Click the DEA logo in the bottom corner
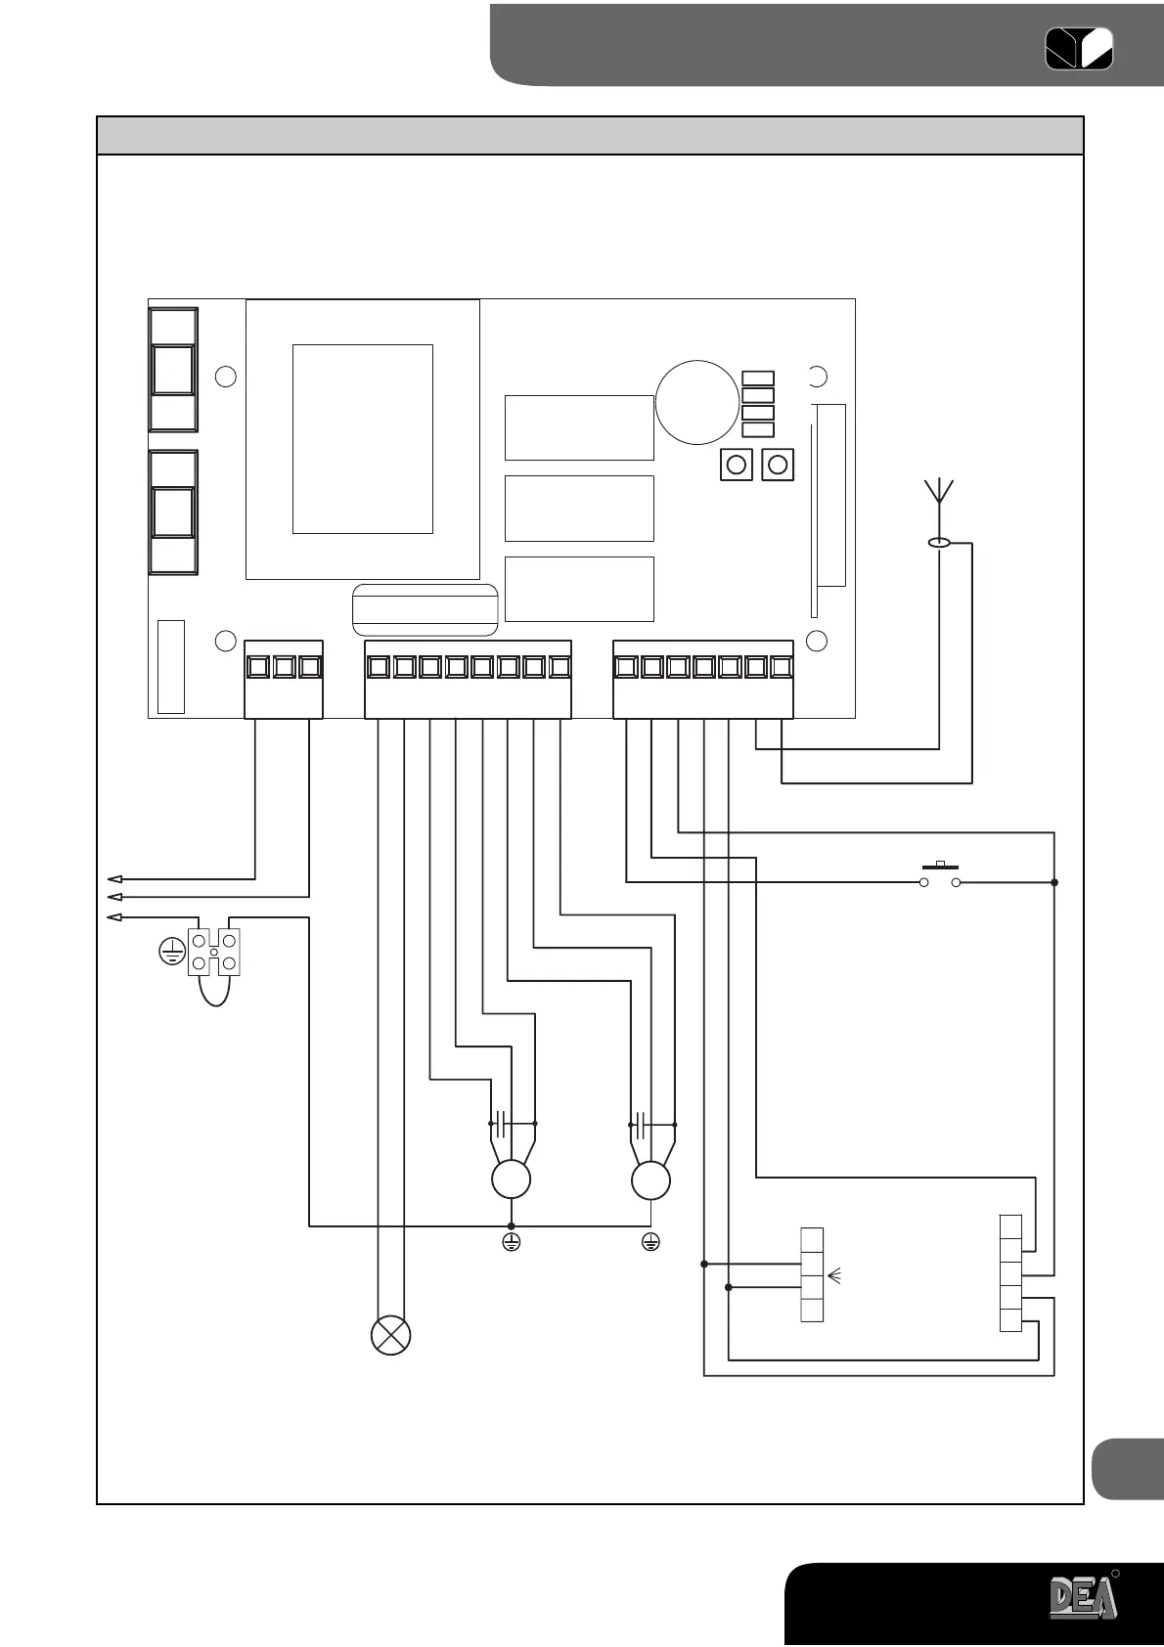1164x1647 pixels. click(x=1083, y=1597)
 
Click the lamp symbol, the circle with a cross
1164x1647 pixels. click(x=390, y=1336)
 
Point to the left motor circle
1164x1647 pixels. click(x=511, y=1180)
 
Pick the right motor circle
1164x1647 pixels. click(x=651, y=1180)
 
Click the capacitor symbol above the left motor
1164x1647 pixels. click(x=499, y=1124)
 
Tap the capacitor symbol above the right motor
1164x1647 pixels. click(x=640, y=1124)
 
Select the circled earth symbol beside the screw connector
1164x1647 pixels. click(x=172, y=950)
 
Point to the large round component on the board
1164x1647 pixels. click(x=697, y=401)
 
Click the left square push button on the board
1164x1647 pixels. click(x=737, y=465)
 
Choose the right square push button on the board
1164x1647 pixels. click(x=778, y=465)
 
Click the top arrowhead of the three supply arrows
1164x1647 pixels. click(x=114, y=878)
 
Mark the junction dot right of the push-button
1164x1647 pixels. click(x=1054, y=883)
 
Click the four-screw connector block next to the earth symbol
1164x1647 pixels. click(x=214, y=952)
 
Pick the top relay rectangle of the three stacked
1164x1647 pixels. click(x=579, y=427)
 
